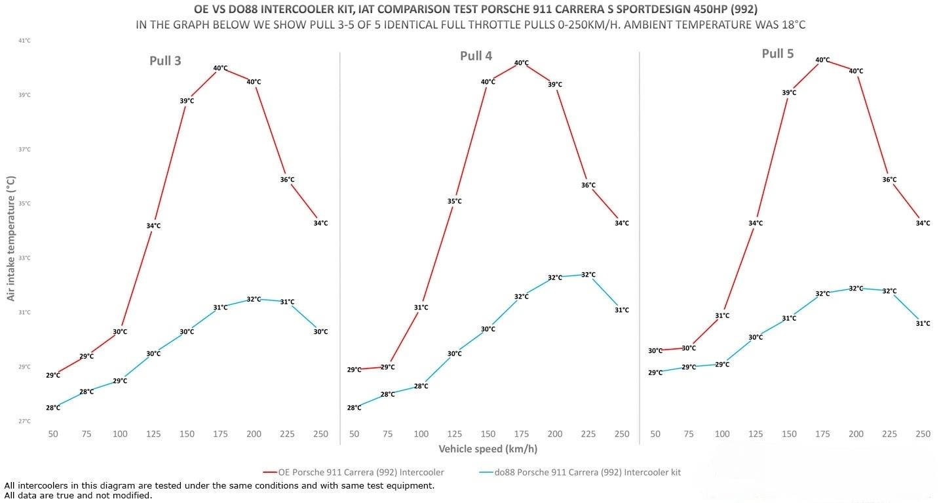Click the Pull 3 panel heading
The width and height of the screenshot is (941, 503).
click(165, 61)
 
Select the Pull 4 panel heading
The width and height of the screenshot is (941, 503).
click(476, 56)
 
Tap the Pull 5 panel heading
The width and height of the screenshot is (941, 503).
click(777, 54)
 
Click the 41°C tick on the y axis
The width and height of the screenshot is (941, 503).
click(24, 41)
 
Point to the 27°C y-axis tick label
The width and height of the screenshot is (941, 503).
click(24, 421)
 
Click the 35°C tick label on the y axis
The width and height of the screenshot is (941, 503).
click(24, 203)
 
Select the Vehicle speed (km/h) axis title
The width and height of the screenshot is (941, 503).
click(488, 449)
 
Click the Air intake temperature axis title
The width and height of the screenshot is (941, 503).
click(10, 238)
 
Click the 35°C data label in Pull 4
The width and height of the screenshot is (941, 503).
click(455, 201)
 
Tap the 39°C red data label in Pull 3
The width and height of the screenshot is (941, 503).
click(187, 101)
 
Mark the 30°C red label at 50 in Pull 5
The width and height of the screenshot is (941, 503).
click(655, 351)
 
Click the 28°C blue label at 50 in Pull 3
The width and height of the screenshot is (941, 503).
click(53, 408)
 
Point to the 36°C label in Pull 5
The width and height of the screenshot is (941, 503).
click(889, 180)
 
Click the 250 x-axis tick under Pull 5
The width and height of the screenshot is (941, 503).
click(923, 434)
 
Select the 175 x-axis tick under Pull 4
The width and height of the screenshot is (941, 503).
click(521, 434)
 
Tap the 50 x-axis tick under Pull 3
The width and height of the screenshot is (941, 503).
click(53, 434)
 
